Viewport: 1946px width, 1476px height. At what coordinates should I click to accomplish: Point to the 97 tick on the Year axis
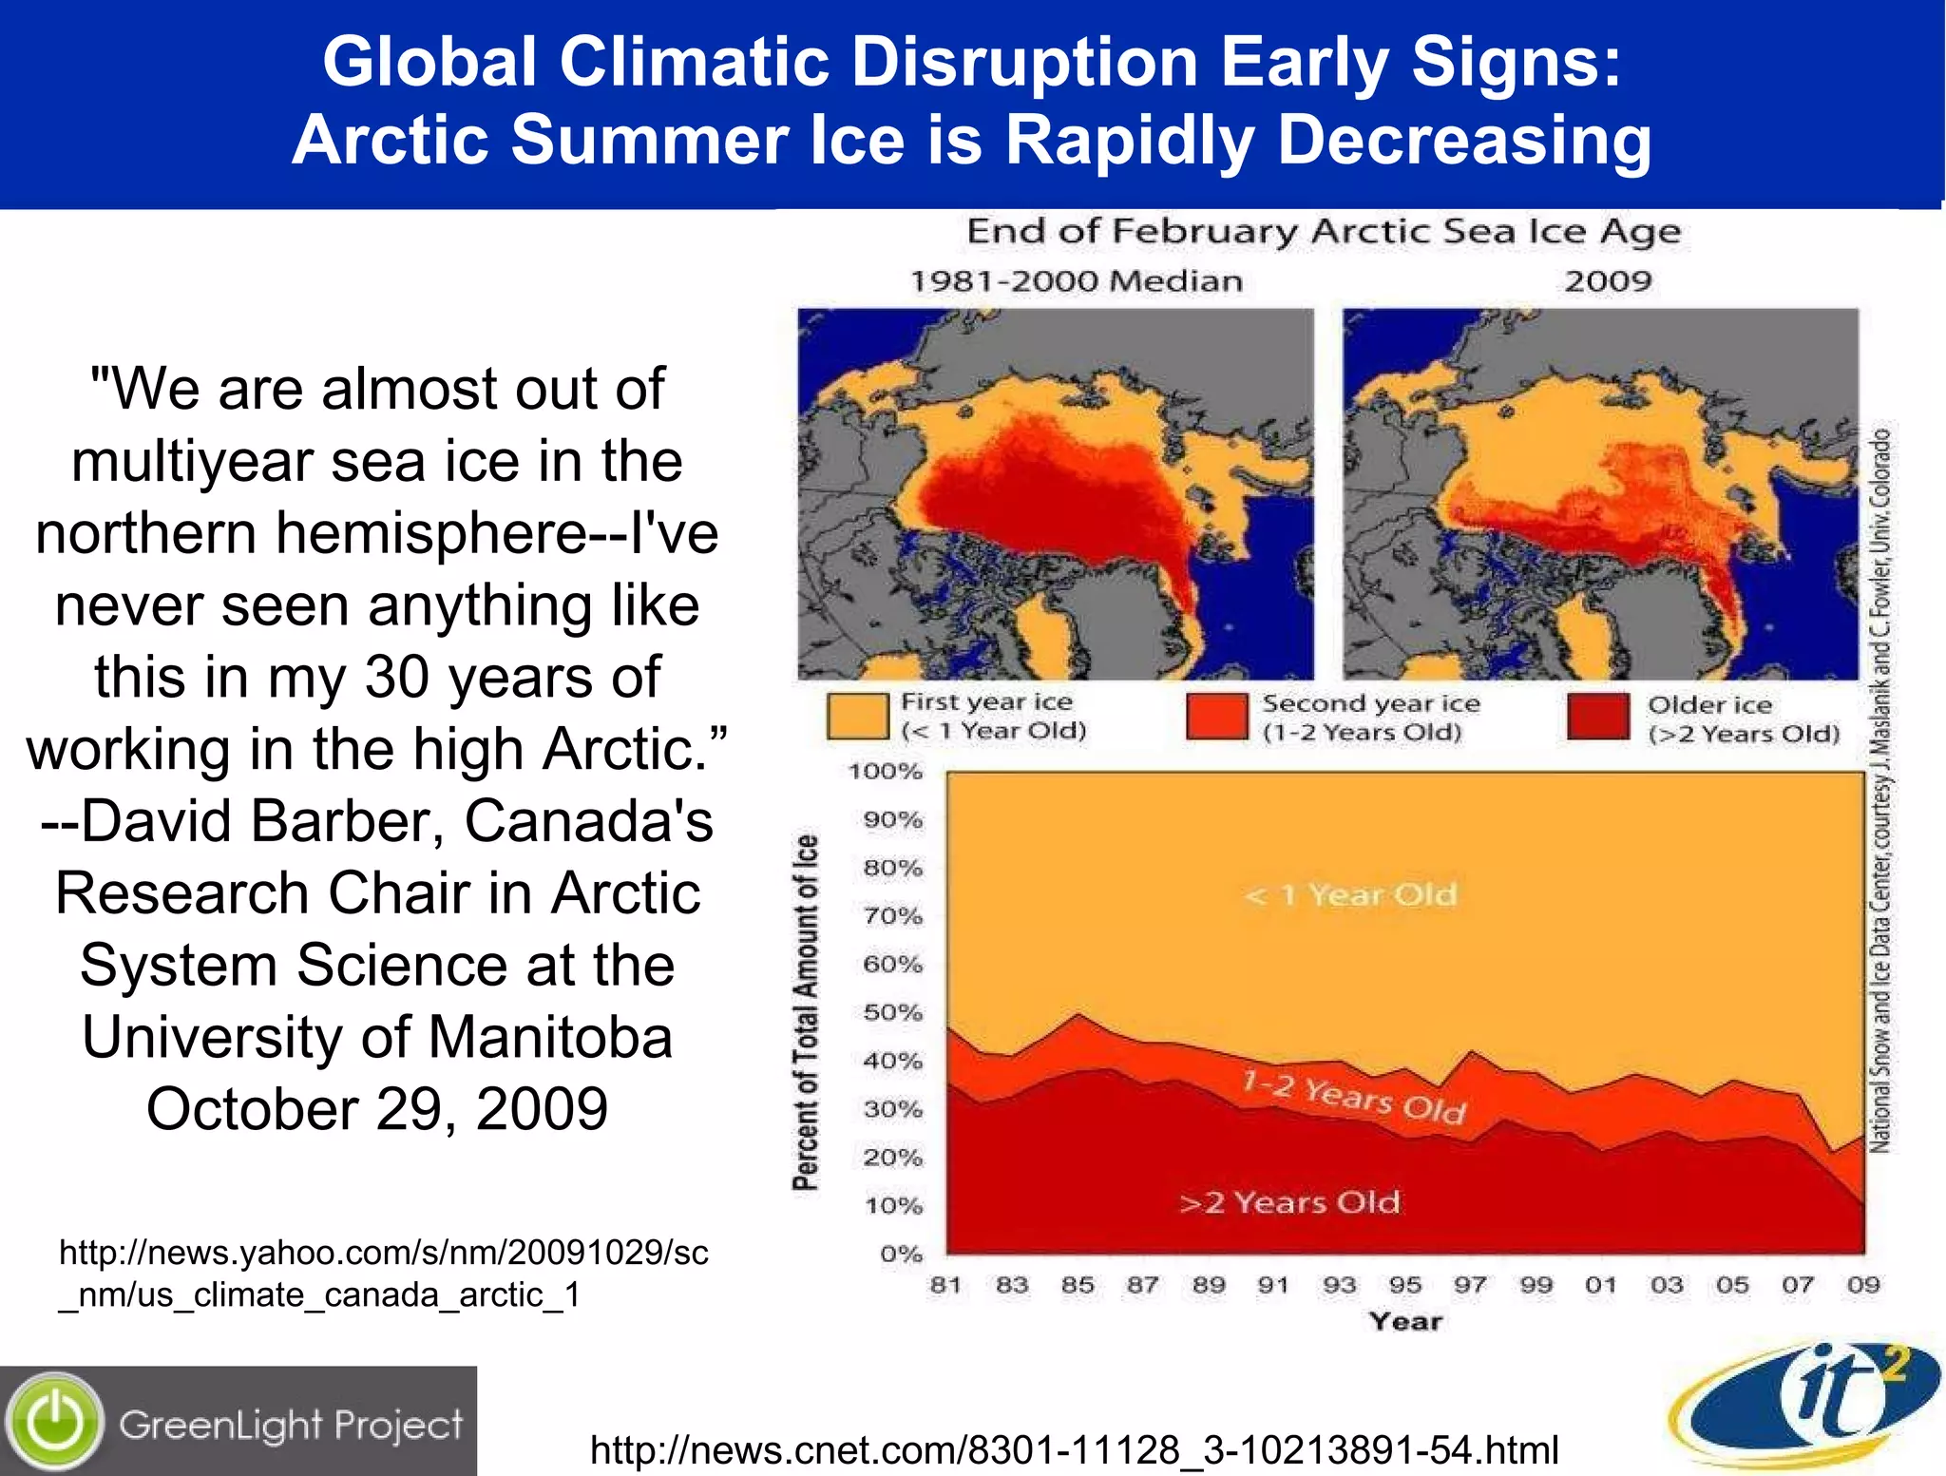point(1470,1285)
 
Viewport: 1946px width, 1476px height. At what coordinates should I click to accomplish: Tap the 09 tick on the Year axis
point(1863,1285)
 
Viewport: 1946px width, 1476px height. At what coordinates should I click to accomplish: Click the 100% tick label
point(886,772)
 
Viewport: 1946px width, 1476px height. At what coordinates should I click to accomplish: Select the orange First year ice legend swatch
point(857,716)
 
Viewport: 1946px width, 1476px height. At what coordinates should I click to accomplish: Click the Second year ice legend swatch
point(1216,716)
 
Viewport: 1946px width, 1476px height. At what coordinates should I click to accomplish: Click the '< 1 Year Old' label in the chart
point(1350,895)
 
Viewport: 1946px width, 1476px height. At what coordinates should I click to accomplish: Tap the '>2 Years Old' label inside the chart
point(1289,1203)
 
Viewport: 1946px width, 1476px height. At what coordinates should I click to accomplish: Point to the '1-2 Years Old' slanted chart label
point(1354,1097)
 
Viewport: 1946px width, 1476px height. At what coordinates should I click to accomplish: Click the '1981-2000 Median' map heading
point(1076,281)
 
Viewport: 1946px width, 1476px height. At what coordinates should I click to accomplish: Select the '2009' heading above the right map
point(1608,281)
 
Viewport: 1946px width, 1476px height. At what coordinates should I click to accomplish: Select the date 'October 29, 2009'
point(377,1109)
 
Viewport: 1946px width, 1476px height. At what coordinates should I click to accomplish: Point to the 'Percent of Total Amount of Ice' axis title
point(805,1013)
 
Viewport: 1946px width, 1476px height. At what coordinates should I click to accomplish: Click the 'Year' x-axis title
point(1405,1322)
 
